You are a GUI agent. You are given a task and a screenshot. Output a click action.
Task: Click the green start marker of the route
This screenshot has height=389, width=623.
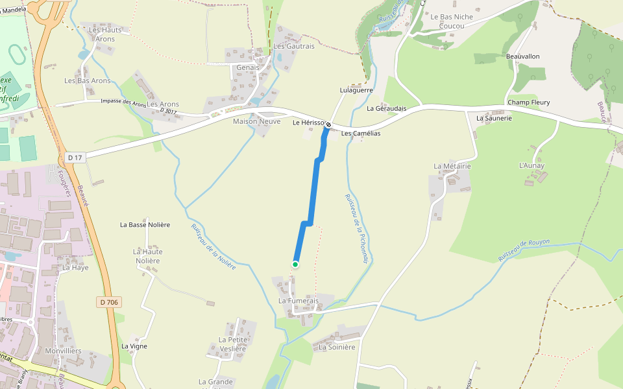295,264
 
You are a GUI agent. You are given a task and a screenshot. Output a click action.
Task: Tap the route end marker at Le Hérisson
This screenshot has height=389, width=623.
328,124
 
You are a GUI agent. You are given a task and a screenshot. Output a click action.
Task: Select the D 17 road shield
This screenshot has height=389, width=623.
75,158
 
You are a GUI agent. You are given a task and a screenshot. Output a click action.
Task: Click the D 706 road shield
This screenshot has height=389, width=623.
109,302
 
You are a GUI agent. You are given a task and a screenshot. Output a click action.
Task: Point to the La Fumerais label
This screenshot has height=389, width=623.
299,301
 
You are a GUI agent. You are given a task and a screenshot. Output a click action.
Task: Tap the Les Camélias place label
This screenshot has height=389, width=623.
361,134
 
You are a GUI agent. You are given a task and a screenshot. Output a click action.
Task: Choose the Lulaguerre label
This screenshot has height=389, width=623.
356,91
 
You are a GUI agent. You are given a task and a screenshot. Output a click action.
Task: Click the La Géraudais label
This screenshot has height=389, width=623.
386,109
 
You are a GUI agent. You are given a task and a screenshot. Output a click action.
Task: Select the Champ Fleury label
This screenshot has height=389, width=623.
528,102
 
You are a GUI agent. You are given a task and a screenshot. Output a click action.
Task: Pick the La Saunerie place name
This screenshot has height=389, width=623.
494,119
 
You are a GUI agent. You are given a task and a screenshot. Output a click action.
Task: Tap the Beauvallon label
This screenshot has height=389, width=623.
522,56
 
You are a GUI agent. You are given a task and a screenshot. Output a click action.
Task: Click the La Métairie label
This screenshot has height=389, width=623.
452,167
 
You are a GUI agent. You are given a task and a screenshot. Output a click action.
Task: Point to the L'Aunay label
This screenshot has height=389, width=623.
531,166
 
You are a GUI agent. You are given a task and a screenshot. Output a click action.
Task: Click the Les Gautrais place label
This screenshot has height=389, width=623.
293,46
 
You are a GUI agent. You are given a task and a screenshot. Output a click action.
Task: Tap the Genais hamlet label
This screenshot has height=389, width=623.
248,67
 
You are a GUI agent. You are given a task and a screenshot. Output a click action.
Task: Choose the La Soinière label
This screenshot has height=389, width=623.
337,347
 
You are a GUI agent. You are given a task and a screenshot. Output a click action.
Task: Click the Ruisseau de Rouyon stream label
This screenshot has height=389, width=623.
524,251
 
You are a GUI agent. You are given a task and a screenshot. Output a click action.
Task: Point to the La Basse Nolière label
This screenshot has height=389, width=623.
145,225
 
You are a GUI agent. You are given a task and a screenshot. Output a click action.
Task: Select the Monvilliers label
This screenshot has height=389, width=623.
64,350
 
